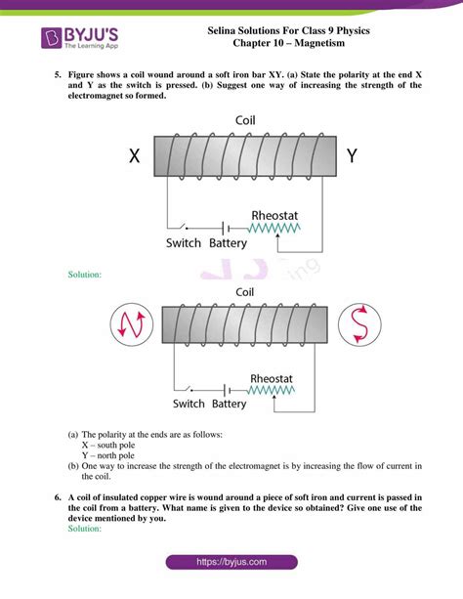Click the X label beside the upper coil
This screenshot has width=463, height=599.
point(135,154)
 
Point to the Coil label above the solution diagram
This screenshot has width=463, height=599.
point(246,291)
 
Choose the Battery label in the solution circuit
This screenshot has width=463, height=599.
point(230,404)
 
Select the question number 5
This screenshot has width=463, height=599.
point(58,74)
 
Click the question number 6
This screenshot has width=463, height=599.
point(58,497)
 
